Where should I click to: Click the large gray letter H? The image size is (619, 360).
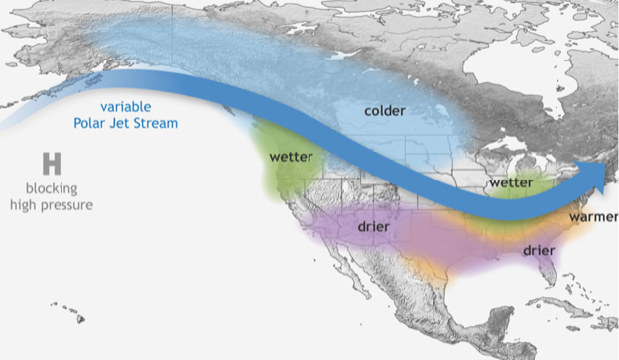tap(52, 165)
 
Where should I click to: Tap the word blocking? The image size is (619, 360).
tap(52, 188)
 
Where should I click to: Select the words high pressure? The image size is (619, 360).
tap(52, 205)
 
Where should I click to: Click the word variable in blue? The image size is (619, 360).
tap(124, 106)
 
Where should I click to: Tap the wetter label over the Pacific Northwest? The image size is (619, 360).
tap(291, 157)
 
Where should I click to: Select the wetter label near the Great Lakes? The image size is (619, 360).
tap(511, 183)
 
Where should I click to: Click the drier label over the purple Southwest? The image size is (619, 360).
tap(376, 227)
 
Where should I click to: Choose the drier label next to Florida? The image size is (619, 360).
tap(541, 250)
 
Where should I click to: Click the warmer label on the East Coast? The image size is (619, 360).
tap(593, 215)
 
